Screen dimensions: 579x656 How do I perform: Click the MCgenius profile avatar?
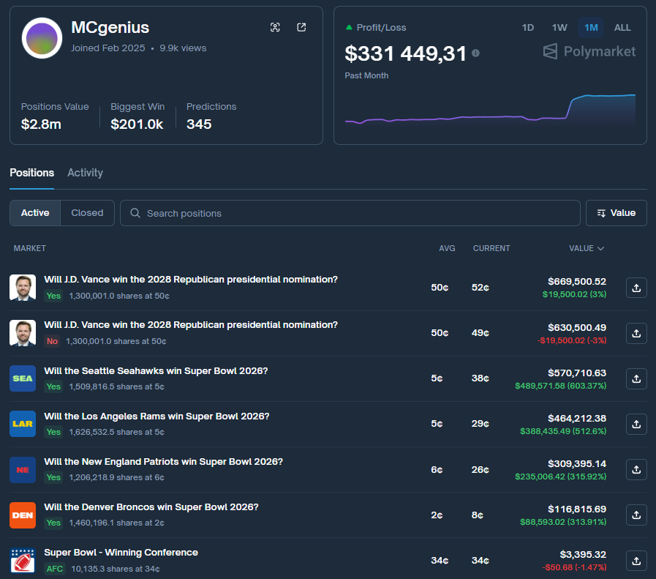41,38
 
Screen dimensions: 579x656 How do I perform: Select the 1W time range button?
559,28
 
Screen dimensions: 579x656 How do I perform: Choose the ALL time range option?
622,28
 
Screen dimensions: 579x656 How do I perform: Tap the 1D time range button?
527,28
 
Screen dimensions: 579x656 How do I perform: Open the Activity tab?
85,173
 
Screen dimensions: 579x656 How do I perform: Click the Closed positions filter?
87,213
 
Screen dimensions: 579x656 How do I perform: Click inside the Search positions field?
351,213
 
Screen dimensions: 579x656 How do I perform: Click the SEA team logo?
23,378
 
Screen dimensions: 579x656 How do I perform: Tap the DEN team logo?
23,515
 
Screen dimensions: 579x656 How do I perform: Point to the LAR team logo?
23,424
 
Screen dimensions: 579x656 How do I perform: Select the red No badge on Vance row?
52,341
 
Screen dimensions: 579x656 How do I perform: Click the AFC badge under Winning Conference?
54,569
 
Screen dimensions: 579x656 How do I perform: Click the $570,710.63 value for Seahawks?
576,373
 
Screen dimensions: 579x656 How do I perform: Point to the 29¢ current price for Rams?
480,425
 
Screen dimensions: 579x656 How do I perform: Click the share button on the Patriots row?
636,470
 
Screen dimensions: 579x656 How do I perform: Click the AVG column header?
447,248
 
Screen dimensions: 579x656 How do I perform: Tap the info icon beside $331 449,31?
476,53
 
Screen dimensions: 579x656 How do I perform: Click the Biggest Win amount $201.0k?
137,124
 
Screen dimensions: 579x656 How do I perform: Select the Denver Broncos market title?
151,507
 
